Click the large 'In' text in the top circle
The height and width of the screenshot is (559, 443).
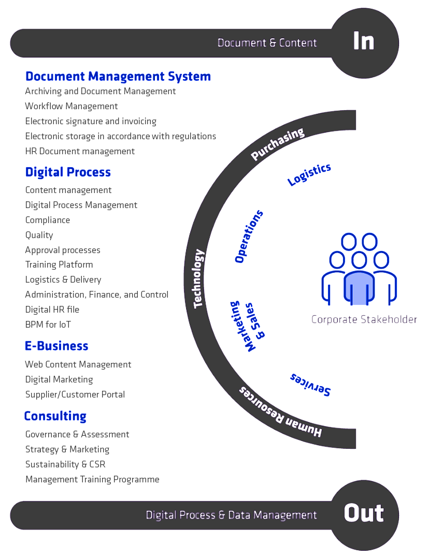(364, 41)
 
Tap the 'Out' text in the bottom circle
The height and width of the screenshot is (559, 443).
(364, 513)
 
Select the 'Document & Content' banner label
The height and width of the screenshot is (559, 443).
(267, 43)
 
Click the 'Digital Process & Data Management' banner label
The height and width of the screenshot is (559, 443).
(231, 515)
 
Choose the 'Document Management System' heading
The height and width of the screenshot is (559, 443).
(118, 77)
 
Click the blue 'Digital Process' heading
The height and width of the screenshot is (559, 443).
(68, 172)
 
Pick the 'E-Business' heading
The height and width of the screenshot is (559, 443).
(56, 346)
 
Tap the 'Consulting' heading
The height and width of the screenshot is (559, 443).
(55, 416)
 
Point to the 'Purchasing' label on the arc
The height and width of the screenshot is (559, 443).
(277, 144)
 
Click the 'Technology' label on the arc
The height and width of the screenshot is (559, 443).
(198, 279)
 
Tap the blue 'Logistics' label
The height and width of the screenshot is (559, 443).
(309, 174)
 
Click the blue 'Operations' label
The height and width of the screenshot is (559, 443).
(249, 237)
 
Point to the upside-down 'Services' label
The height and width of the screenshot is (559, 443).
(310, 385)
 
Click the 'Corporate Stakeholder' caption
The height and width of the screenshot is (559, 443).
(364, 319)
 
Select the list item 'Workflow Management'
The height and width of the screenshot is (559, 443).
(72, 106)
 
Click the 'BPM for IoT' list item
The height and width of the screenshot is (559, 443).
(48, 325)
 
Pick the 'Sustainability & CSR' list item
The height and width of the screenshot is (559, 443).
(65, 464)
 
